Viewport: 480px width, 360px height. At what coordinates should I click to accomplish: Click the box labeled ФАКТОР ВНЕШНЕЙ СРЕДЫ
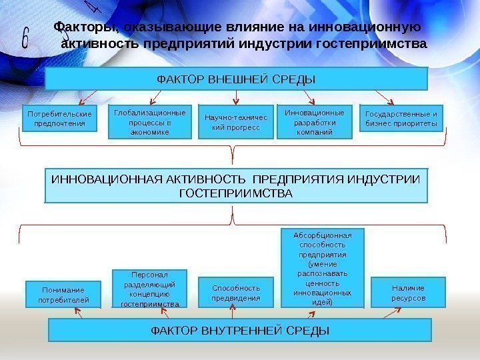235,79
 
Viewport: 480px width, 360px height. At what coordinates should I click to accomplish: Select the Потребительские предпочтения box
59,119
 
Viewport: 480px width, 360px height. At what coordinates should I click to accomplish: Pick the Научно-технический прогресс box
236,122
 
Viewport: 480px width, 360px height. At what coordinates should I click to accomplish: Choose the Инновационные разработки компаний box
314,122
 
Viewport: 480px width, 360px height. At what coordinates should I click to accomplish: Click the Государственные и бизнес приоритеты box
401,119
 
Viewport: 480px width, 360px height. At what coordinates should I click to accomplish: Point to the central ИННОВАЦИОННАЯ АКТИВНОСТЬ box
235,186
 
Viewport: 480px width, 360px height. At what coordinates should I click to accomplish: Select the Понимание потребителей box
63,295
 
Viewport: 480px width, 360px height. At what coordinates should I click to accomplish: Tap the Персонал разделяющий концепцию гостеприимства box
150,289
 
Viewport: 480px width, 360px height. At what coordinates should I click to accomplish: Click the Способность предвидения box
236,293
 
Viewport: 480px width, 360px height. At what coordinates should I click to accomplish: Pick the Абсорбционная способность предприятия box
323,267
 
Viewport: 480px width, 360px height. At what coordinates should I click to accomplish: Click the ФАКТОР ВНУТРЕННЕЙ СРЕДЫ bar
240,330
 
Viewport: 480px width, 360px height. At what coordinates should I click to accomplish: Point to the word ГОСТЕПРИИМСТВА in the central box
236,193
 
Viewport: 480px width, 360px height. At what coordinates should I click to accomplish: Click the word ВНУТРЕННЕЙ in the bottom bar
245,331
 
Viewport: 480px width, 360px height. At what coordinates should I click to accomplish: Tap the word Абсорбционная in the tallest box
323,235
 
